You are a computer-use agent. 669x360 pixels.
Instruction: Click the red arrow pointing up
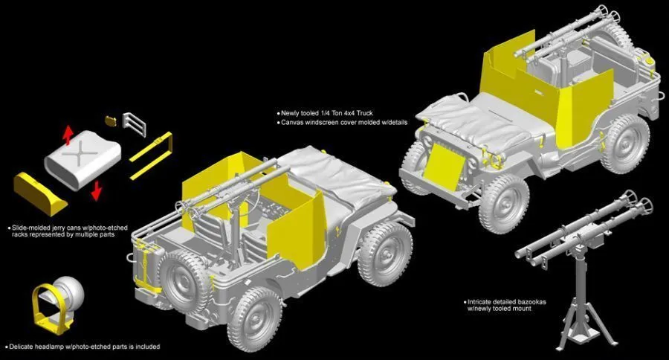pyautogui.click(x=68, y=135)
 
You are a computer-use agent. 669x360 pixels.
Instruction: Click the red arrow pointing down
pyautogui.click(x=97, y=190)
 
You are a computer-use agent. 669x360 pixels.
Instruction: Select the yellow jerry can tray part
pyautogui.click(x=39, y=193)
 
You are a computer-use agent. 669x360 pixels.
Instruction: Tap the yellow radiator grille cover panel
pyautogui.click(x=445, y=167)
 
